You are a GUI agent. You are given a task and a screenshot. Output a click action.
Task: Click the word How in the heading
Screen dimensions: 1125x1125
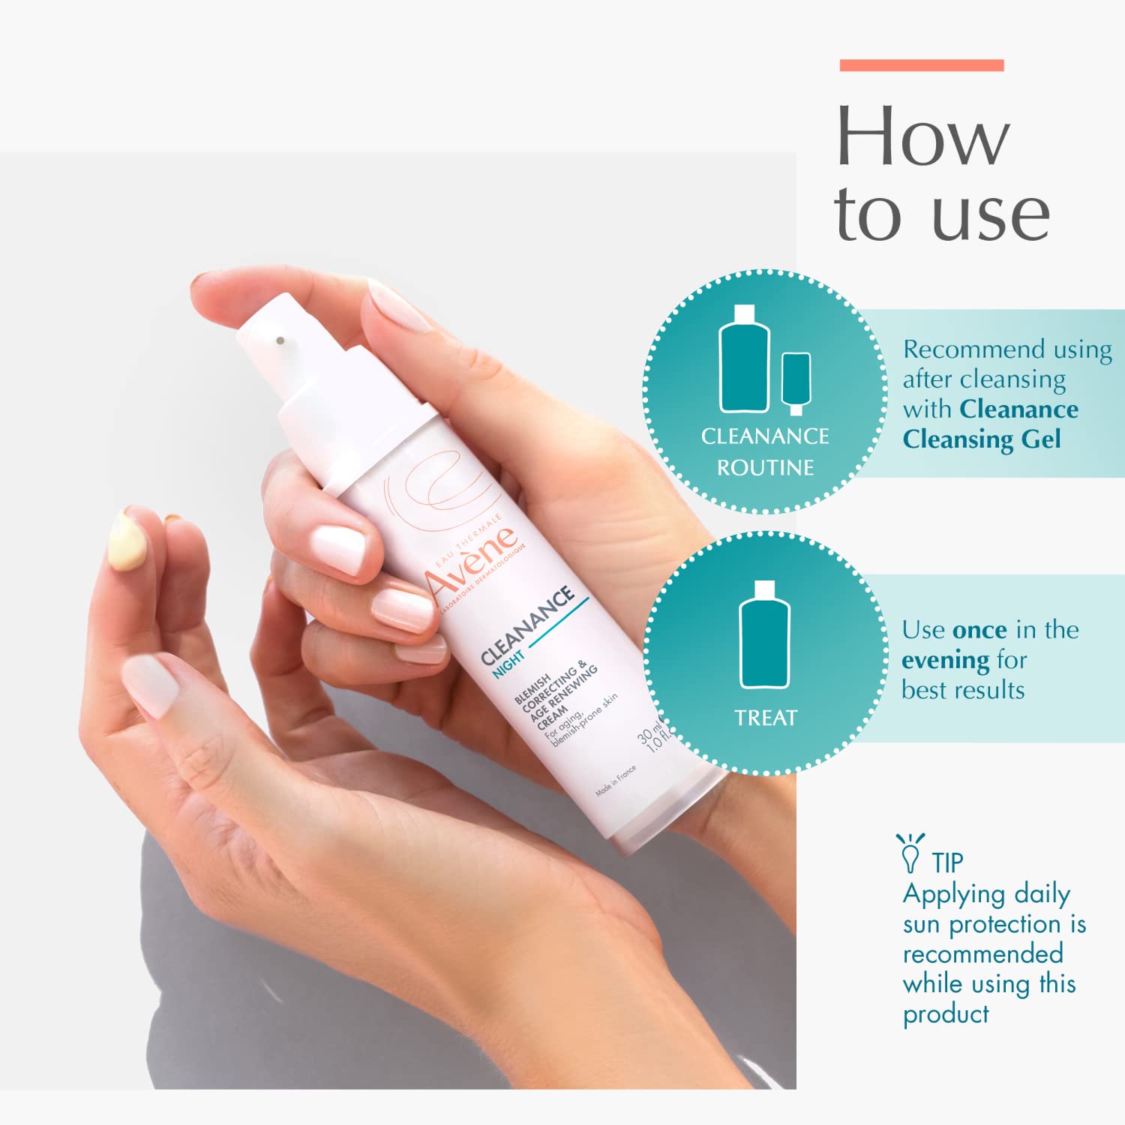[922, 136]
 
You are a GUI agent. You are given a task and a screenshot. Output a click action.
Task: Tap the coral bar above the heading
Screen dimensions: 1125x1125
[921, 65]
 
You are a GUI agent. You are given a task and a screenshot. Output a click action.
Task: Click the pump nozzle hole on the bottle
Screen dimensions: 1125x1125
[280, 340]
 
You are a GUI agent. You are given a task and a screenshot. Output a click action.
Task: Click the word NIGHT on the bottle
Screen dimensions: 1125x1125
[508, 664]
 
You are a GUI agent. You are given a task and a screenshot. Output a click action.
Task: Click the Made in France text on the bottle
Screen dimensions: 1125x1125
[616, 781]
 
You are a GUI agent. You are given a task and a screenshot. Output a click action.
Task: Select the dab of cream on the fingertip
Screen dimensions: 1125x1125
[127, 541]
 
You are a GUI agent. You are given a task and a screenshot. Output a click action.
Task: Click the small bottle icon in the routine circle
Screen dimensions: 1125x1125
[796, 382]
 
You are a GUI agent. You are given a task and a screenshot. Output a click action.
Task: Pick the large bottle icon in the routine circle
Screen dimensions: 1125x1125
[744, 360]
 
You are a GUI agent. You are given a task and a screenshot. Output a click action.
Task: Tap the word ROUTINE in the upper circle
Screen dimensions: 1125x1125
[765, 468]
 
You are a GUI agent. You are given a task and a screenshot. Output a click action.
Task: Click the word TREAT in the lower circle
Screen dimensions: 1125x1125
[765, 718]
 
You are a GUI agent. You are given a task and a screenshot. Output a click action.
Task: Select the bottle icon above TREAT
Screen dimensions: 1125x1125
[764, 635]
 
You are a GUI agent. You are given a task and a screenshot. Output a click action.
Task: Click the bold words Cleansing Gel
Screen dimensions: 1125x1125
[981, 439]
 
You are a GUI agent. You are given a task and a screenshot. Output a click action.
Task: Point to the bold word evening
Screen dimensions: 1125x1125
[945, 660]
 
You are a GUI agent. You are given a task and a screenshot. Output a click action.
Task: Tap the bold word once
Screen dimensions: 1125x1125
[979, 630]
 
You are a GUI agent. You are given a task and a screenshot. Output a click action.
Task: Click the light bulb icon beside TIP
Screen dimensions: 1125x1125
[910, 853]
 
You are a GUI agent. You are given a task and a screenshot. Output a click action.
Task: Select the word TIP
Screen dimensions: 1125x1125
[947, 863]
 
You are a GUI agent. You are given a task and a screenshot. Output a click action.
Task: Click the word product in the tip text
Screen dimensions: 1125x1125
[945, 1015]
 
